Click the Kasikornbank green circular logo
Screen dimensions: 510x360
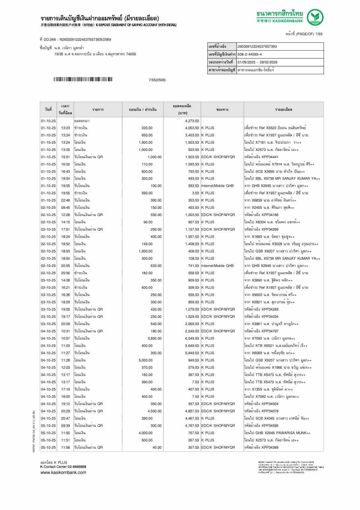316,17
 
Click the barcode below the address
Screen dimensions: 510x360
83,79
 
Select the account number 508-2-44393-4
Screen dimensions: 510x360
250,54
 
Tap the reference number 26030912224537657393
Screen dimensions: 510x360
257,47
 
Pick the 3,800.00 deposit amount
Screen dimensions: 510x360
154,338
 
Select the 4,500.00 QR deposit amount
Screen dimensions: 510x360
154,411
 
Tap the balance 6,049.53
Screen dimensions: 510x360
192,338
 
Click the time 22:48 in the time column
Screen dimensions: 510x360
65,200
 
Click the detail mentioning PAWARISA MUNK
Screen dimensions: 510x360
277,433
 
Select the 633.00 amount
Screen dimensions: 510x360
156,266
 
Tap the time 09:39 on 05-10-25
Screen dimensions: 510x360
65,426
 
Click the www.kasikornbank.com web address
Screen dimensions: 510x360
63,472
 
